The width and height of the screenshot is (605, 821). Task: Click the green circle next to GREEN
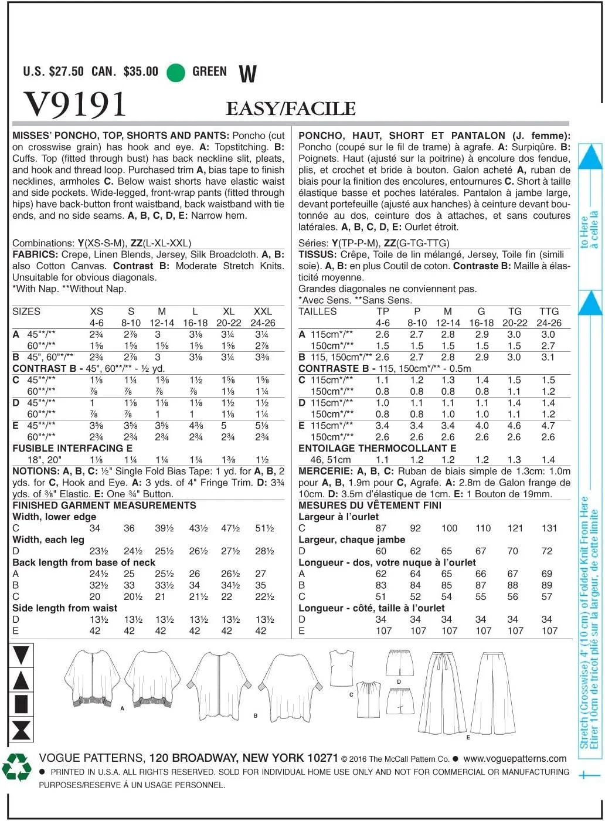(x=176, y=72)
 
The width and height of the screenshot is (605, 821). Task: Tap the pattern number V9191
(x=75, y=104)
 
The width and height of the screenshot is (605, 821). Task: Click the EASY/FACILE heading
(x=291, y=108)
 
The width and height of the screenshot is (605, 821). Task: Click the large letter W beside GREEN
(x=247, y=74)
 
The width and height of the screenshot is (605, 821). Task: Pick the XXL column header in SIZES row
(x=262, y=311)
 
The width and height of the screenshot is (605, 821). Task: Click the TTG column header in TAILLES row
(x=549, y=311)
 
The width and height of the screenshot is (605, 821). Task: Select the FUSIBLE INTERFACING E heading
(x=72, y=448)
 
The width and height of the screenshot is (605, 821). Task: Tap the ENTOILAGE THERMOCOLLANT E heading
(x=377, y=448)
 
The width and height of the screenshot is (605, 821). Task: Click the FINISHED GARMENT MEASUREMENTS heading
(x=104, y=506)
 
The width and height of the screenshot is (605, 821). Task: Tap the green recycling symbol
(x=16, y=767)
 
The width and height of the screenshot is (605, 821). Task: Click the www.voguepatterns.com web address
(x=515, y=758)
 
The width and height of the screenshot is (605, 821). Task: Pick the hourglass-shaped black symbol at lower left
(x=21, y=731)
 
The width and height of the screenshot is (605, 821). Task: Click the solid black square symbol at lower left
(x=21, y=704)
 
